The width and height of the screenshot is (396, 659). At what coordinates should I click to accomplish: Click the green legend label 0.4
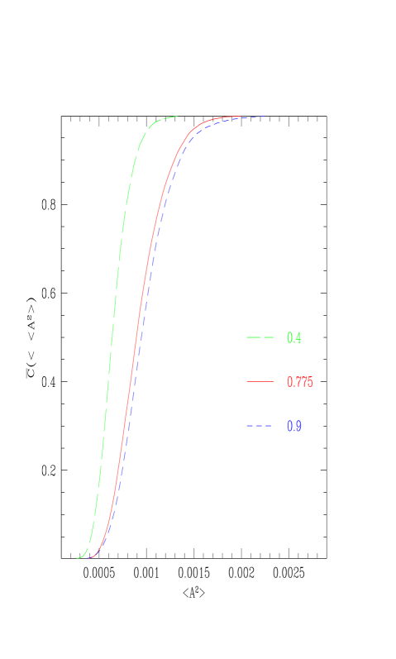293,337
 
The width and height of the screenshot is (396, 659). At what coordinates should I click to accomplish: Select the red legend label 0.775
299,382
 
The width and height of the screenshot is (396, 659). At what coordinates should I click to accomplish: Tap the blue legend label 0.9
293,426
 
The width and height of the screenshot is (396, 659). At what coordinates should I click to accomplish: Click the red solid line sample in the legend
260,382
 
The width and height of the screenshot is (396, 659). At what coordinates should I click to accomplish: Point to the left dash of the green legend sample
252,337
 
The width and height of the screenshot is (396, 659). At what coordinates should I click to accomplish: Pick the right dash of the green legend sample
268,337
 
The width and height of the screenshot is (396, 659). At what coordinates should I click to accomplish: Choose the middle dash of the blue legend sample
260,426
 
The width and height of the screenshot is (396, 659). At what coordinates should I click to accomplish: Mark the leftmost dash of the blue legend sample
249,426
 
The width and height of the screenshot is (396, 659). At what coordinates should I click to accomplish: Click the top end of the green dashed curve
178,117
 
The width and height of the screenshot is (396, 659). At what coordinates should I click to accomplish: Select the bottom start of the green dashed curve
78,558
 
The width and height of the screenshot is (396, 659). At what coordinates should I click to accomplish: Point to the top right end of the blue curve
264,117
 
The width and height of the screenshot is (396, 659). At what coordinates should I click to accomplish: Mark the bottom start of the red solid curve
88,558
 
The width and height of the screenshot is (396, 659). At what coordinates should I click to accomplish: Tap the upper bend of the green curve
149,129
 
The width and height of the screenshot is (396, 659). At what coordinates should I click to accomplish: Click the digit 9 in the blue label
298,426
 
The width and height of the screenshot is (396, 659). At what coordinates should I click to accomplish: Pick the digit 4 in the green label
298,337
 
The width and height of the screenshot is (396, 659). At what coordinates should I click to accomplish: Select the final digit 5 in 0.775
310,382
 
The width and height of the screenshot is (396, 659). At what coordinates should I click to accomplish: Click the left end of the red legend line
247,382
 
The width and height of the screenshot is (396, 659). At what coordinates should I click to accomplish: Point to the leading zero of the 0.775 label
289,382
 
